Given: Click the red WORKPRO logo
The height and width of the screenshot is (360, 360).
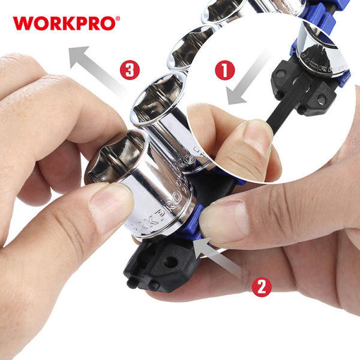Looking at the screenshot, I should coord(63,23).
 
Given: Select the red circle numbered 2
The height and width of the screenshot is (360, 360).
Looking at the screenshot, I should coord(260,286).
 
